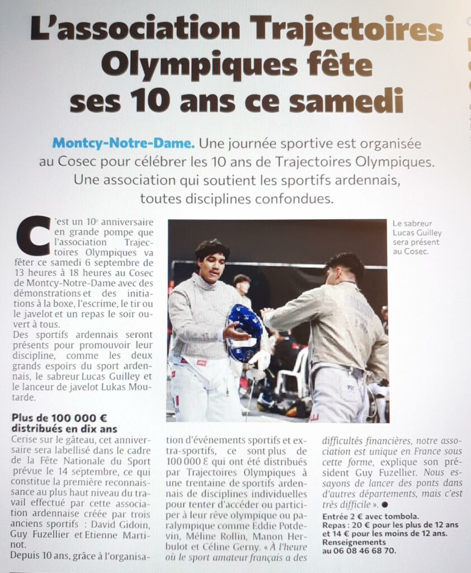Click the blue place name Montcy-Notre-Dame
click(x=124, y=143)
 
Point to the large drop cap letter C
click(x=32, y=235)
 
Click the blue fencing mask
click(x=244, y=334)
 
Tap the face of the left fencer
click(x=211, y=264)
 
